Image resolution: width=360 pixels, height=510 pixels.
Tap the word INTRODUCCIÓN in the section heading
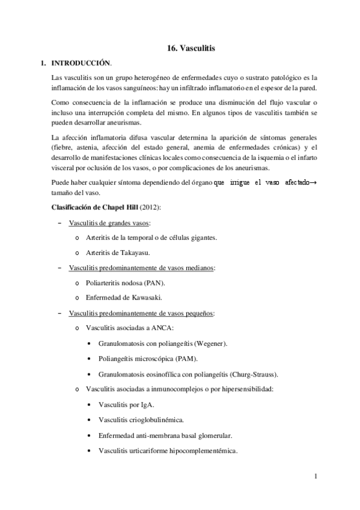(82, 63)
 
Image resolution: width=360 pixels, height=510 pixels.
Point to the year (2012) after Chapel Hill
(150, 208)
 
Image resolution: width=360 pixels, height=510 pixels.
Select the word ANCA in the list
(162, 328)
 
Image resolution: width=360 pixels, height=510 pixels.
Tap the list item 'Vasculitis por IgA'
(126, 404)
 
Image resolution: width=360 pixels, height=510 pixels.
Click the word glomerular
(209, 435)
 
